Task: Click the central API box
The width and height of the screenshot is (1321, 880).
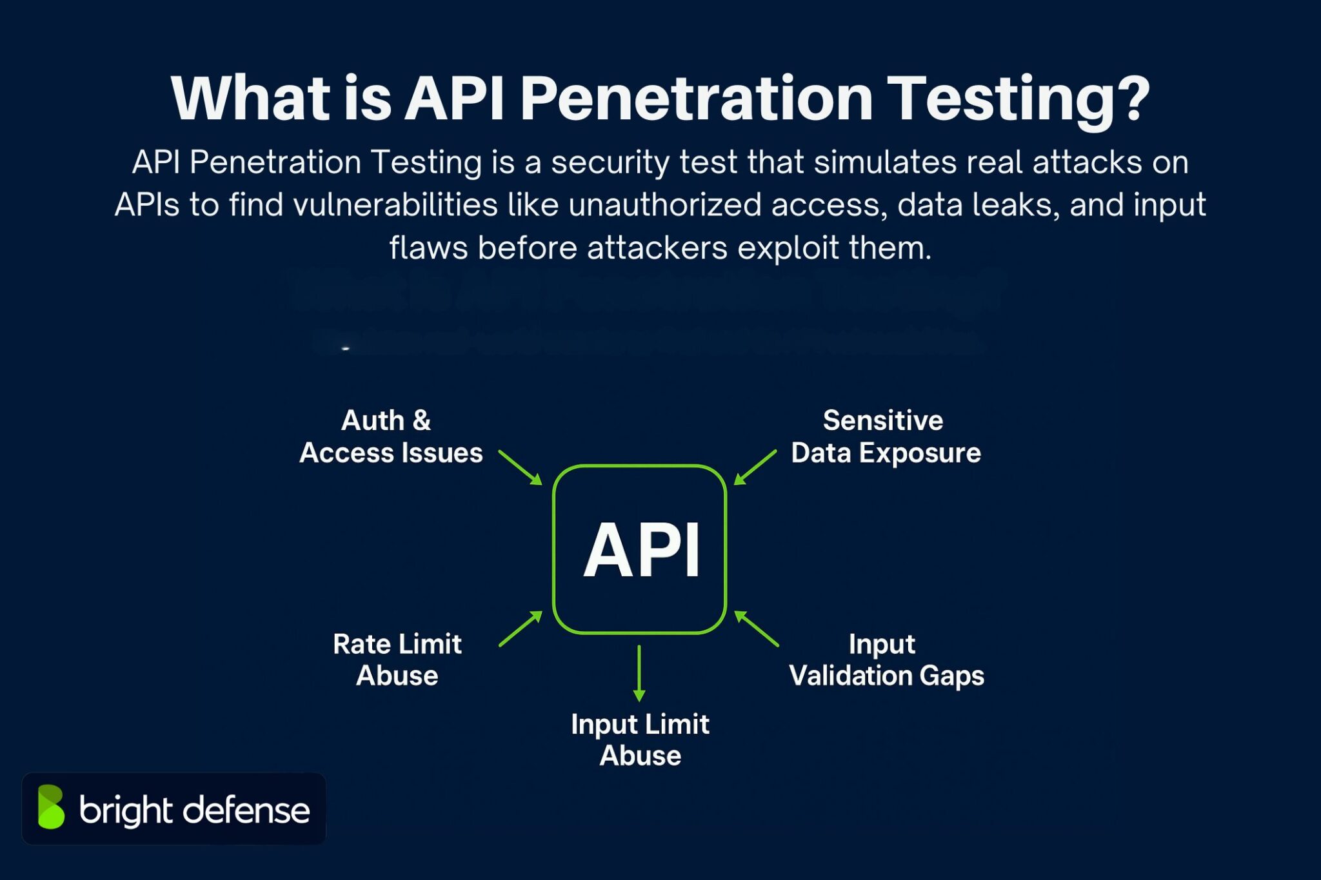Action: (639, 549)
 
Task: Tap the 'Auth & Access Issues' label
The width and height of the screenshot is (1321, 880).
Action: (391, 436)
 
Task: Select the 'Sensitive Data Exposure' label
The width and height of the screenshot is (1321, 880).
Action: (885, 436)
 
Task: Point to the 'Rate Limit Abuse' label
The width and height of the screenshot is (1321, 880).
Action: (397, 660)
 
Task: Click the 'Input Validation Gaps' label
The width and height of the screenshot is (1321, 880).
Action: (886, 660)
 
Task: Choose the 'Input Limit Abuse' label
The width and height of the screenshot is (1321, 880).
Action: (640, 739)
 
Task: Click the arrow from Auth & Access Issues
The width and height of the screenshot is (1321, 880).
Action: (519, 467)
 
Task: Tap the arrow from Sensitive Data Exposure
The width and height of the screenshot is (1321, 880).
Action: (756, 467)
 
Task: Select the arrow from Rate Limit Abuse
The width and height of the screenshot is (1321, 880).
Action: (520, 629)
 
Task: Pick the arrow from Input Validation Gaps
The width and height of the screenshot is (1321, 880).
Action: (757, 629)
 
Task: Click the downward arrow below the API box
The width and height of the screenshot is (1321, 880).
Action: (639, 673)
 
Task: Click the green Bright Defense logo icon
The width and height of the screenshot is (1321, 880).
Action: (51, 807)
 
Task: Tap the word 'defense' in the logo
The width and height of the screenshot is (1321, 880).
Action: (246, 810)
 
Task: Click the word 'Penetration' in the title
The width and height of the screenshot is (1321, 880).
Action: (697, 99)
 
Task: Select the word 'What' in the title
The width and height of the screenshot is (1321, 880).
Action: (250, 99)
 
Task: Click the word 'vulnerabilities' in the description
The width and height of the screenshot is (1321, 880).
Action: (395, 205)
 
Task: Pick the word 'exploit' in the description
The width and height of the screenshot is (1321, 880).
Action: (788, 248)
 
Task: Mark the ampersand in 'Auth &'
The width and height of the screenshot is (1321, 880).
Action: (422, 420)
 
